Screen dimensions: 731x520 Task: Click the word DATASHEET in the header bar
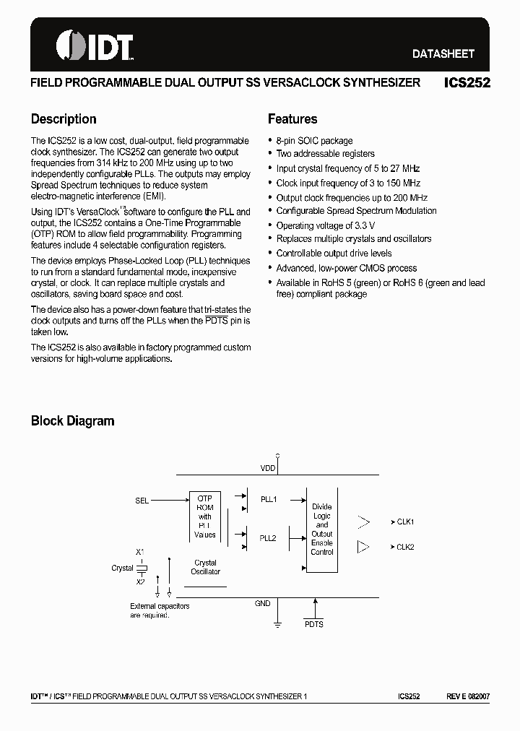click(x=443, y=53)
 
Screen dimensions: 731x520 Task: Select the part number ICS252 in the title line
click(x=467, y=83)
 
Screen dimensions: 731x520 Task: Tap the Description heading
click(x=64, y=119)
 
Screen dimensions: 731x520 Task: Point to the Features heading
click(x=292, y=119)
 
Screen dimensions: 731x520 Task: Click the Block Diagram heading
click(x=72, y=420)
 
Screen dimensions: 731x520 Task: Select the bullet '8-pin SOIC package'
click(x=314, y=141)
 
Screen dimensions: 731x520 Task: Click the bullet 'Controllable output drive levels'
click(x=334, y=254)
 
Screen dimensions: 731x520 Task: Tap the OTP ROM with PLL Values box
click(x=205, y=516)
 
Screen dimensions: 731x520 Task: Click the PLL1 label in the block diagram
click(x=268, y=499)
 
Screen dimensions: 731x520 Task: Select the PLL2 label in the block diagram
click(x=268, y=538)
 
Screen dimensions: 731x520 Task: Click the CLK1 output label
click(x=404, y=522)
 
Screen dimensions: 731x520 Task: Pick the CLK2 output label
click(x=404, y=547)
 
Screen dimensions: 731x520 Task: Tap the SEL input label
click(x=142, y=500)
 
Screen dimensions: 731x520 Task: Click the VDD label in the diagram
click(x=268, y=468)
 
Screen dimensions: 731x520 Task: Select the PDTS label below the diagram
click(x=314, y=624)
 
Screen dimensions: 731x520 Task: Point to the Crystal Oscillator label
click(x=205, y=567)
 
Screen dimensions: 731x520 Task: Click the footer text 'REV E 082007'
click(x=467, y=696)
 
